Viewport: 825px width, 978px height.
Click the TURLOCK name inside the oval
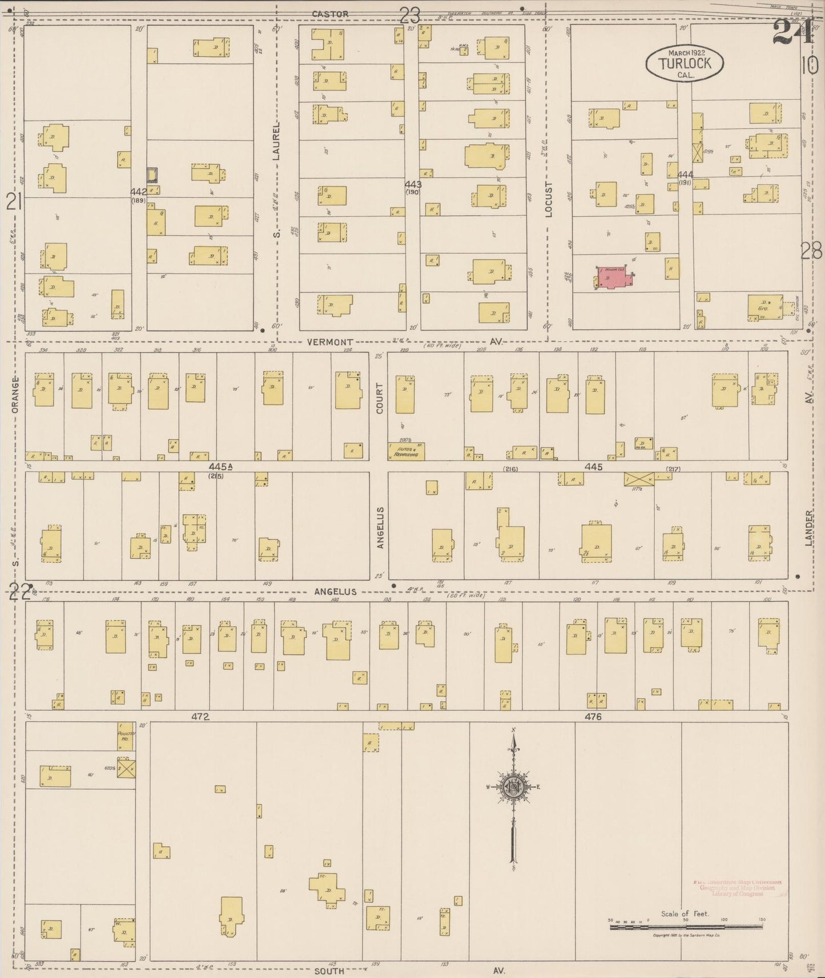click(x=685, y=63)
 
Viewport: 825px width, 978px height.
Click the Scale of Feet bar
click(x=685, y=927)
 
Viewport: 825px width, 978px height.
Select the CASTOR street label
click(x=329, y=14)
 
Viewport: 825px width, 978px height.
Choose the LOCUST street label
click(x=549, y=200)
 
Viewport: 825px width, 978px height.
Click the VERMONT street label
click(x=329, y=342)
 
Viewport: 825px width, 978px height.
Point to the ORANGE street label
click(x=15, y=394)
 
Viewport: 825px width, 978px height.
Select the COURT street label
click(x=380, y=398)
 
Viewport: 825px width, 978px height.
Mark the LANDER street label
click(x=808, y=528)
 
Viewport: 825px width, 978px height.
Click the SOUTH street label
click(x=329, y=971)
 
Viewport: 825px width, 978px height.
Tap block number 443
click(x=413, y=184)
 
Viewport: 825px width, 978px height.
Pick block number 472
click(x=201, y=717)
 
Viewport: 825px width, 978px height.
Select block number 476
click(x=593, y=717)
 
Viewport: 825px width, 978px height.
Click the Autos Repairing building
click(x=406, y=452)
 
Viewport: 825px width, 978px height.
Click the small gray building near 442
click(x=152, y=173)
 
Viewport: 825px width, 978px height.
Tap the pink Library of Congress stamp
click(x=737, y=888)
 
